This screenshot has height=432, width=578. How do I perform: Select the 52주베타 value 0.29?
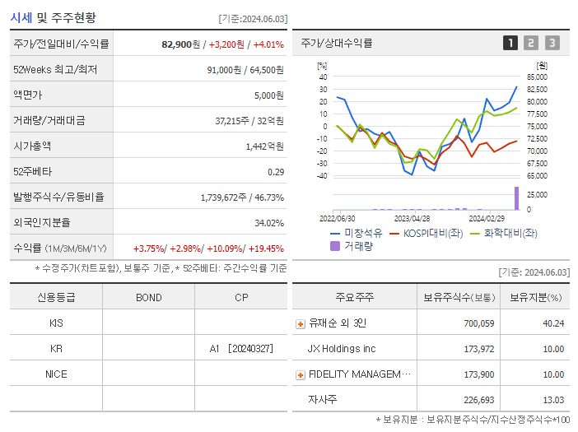click(x=276, y=171)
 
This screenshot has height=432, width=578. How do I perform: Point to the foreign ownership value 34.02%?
click(x=269, y=222)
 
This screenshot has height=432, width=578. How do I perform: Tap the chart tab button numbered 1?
click(x=510, y=43)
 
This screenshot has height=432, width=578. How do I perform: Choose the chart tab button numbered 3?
click(x=552, y=43)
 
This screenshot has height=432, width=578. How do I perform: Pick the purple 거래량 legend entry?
click(x=352, y=245)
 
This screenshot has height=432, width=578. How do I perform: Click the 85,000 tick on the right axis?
click(x=537, y=77)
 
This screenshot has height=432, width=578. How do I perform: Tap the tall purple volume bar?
click(x=517, y=198)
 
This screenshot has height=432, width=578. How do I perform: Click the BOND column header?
click(x=148, y=297)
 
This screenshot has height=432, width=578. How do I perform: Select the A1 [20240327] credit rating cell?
click(x=241, y=348)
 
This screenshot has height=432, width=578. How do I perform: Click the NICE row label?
click(x=56, y=374)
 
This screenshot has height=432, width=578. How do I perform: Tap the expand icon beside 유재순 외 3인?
click(x=301, y=323)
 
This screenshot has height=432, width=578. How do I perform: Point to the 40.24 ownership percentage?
click(x=553, y=323)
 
